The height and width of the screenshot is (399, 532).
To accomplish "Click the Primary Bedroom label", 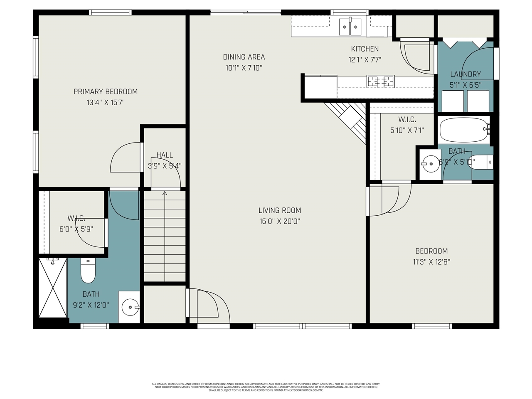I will (x=106, y=91).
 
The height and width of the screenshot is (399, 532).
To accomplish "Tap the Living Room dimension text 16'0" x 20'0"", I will (x=280, y=222).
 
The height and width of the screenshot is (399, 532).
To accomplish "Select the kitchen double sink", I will (x=350, y=27).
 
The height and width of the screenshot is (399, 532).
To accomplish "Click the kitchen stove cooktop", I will (x=380, y=81).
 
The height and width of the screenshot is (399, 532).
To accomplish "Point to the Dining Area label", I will (x=244, y=57).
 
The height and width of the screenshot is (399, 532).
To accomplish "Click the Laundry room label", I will (x=465, y=74).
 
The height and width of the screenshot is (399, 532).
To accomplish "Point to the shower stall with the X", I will (x=53, y=288).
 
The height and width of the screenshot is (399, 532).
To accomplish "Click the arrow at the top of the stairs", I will (x=165, y=193).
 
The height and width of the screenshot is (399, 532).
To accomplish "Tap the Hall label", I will (x=165, y=155).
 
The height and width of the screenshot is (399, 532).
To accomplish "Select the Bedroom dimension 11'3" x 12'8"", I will (x=431, y=262).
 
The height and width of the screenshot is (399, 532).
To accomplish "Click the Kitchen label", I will (x=365, y=49).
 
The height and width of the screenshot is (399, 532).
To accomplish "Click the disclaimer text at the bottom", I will (x=266, y=387).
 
